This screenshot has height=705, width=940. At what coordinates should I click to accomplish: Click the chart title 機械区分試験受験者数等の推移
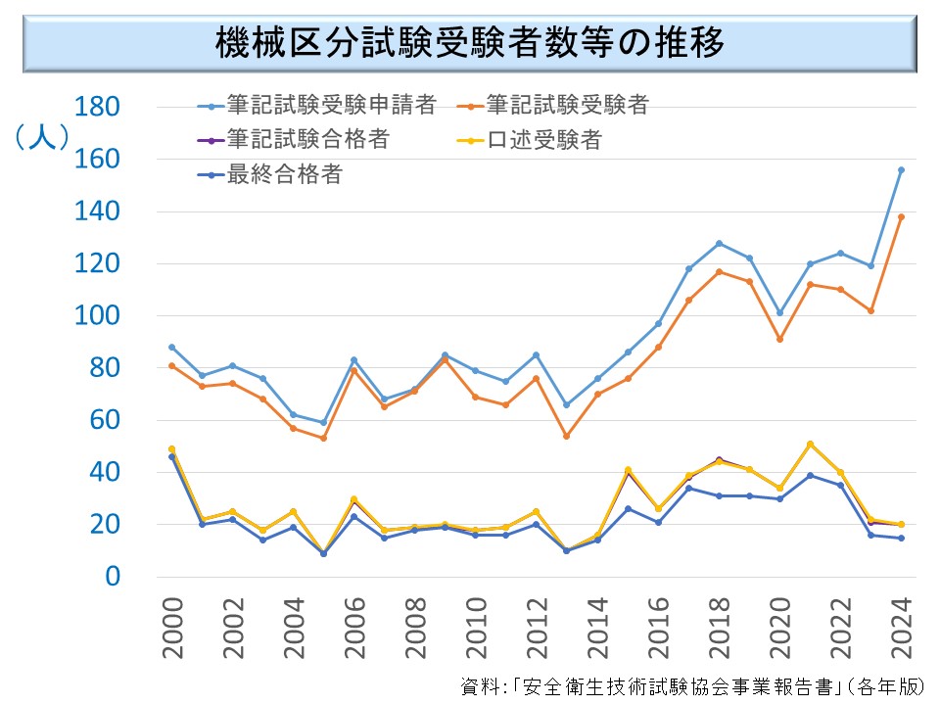tap(469, 43)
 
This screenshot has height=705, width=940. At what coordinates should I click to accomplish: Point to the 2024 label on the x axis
tap(900, 616)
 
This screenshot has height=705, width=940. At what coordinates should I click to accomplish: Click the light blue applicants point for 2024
tap(901, 169)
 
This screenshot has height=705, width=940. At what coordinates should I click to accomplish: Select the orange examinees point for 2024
tap(901, 216)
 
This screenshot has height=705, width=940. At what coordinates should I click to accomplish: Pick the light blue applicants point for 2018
tap(719, 243)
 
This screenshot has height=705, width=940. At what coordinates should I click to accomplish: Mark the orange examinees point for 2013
tap(566, 436)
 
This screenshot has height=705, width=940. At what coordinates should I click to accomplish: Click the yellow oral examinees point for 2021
tap(810, 444)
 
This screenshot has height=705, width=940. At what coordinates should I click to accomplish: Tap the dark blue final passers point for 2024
tap(901, 538)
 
